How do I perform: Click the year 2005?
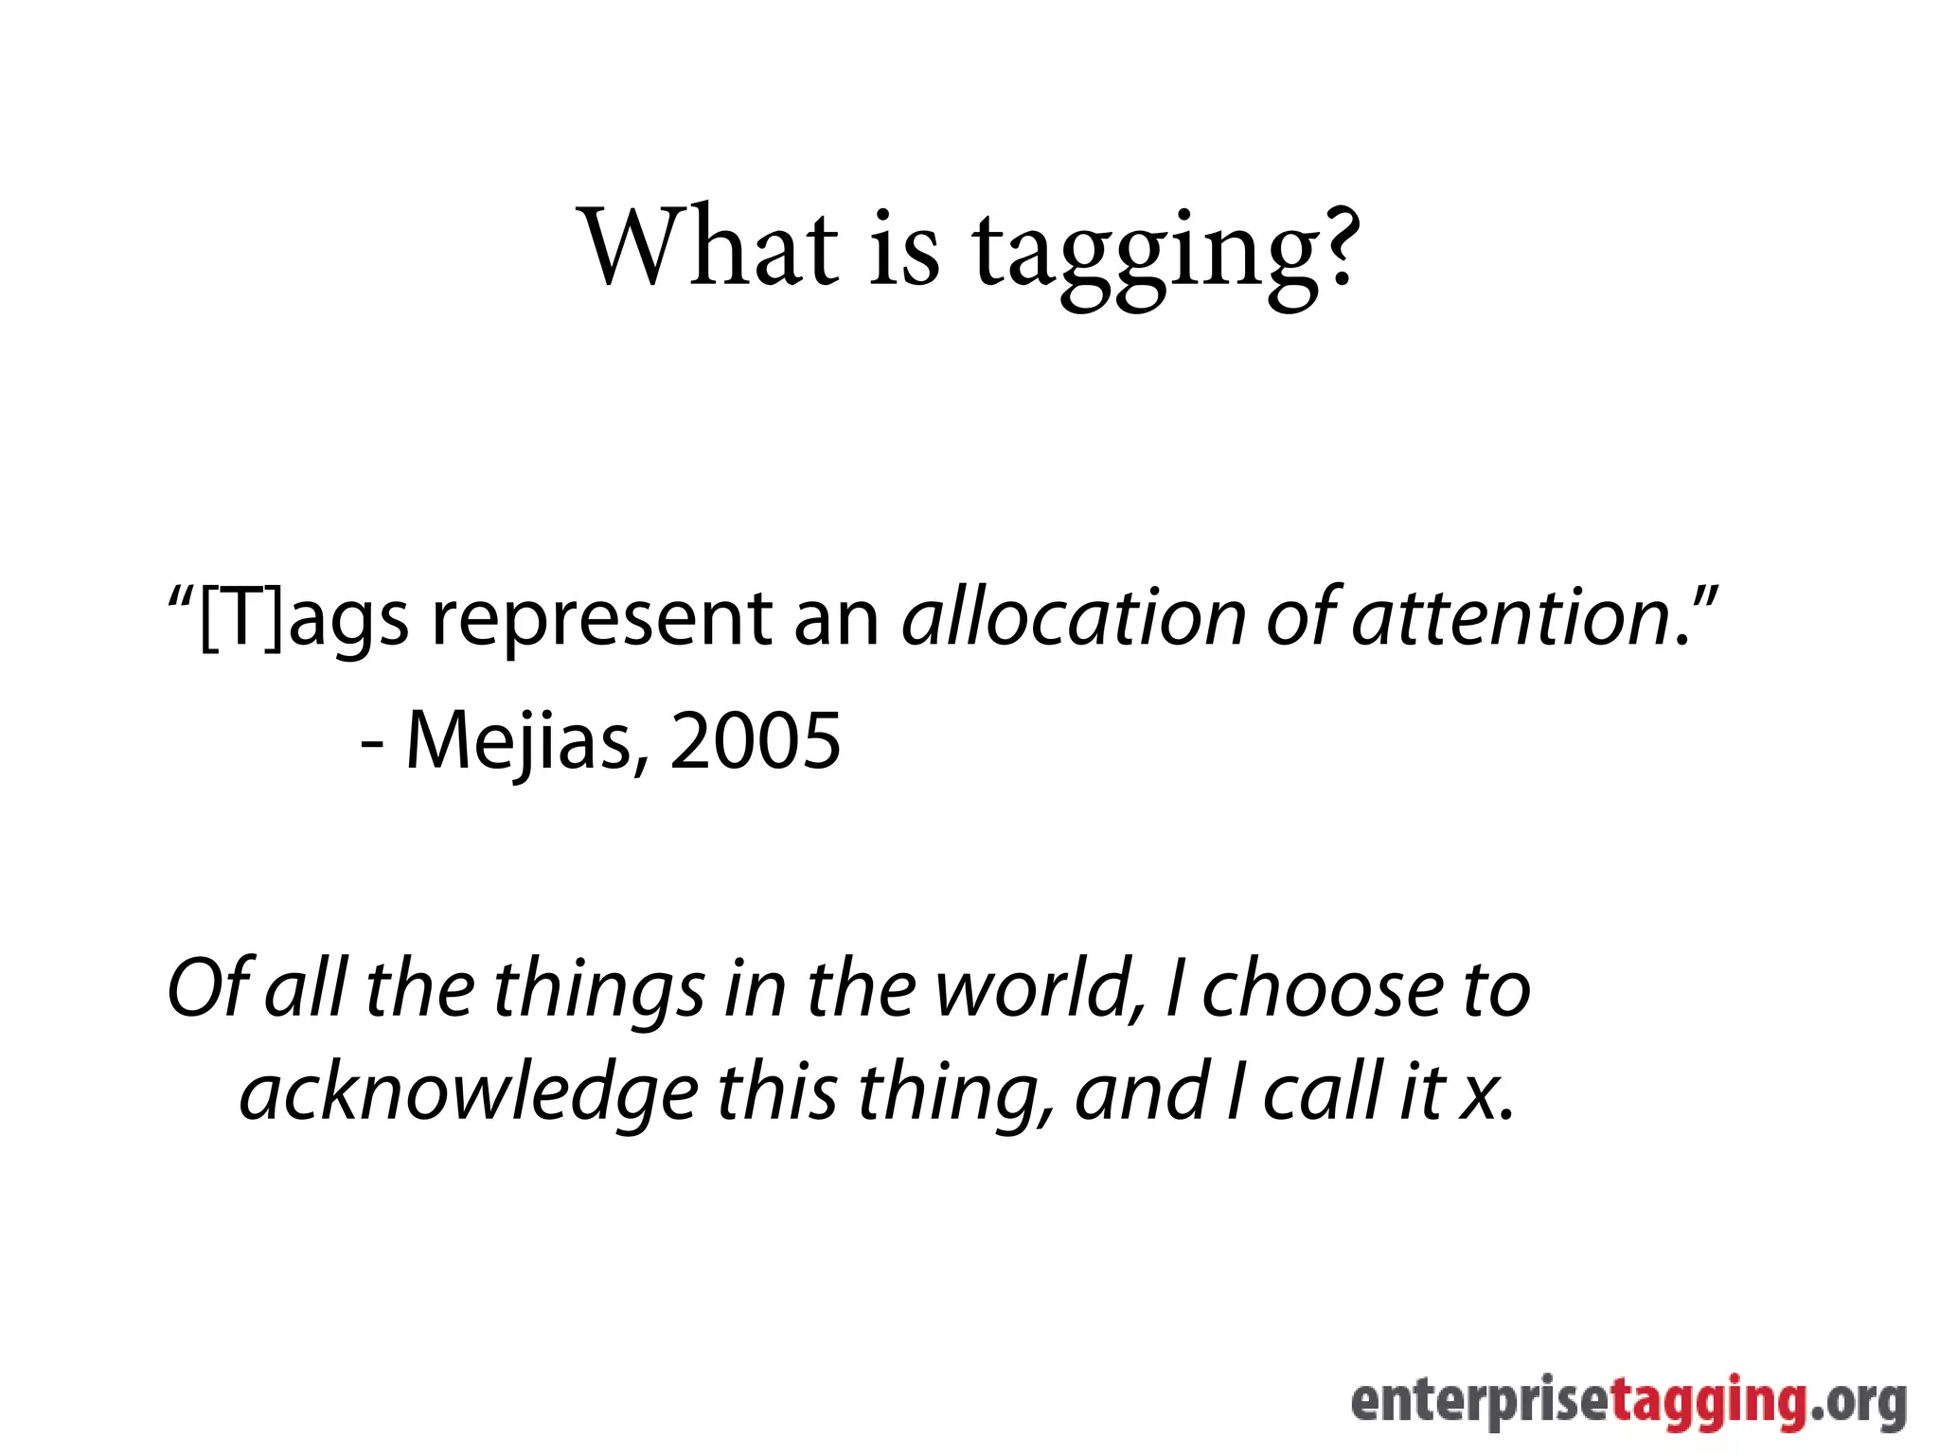[x=756, y=741]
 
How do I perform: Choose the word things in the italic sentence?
[x=598, y=990]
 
